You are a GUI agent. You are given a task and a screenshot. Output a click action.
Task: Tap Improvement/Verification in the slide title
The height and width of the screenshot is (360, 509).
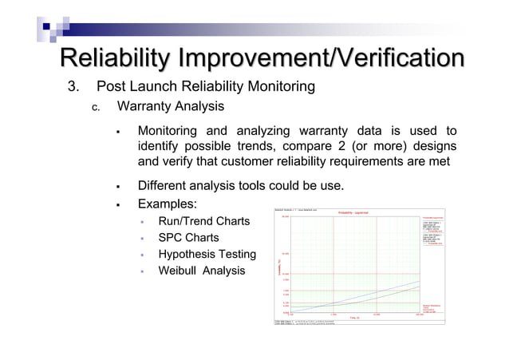click(321, 59)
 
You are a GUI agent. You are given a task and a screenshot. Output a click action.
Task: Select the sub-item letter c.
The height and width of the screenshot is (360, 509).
click(94, 107)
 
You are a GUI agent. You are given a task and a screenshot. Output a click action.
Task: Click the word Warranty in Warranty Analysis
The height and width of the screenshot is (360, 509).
click(146, 106)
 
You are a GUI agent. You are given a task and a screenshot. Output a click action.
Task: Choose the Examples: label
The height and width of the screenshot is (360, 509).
click(167, 204)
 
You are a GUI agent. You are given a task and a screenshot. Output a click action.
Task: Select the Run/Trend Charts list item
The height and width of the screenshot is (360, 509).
click(203, 221)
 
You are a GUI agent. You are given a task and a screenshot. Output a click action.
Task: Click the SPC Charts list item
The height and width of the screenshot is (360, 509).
click(188, 238)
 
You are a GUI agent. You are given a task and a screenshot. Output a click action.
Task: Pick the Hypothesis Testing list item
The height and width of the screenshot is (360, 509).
click(207, 255)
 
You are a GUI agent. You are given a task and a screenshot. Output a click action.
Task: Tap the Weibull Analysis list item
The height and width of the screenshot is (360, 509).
click(201, 271)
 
